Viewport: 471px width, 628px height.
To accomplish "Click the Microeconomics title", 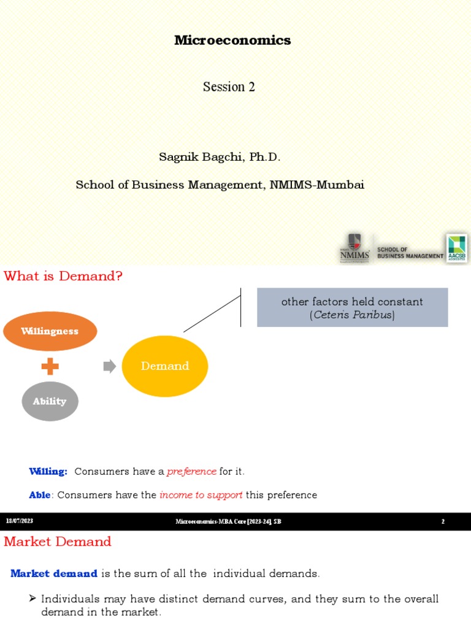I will [x=232, y=40].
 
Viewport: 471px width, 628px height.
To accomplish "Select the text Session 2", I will [x=229, y=87].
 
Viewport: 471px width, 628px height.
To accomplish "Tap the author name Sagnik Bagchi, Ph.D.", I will [x=220, y=157].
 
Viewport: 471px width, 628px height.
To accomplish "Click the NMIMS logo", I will [x=354, y=248].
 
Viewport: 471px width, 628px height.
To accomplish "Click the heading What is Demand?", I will [x=63, y=277].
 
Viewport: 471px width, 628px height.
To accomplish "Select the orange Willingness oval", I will [x=50, y=331].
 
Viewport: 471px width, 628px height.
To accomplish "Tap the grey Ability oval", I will [x=50, y=401].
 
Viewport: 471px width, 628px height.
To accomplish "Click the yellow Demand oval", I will [x=165, y=366].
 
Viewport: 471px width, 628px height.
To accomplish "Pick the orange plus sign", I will [x=50, y=367].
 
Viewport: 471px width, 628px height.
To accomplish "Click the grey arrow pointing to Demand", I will [x=109, y=367].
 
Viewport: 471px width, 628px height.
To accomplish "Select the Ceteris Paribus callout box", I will [x=352, y=308].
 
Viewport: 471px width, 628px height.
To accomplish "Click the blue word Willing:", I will [x=48, y=472].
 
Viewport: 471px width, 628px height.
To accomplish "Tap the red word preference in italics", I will [x=191, y=472].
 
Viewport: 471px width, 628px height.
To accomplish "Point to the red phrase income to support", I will [x=201, y=495].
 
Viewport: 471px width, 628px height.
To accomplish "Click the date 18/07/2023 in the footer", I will [x=20, y=521].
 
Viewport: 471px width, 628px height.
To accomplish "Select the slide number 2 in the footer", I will [x=443, y=521].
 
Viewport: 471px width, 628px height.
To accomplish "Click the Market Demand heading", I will [x=58, y=542].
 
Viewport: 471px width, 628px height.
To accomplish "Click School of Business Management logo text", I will [x=410, y=253].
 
